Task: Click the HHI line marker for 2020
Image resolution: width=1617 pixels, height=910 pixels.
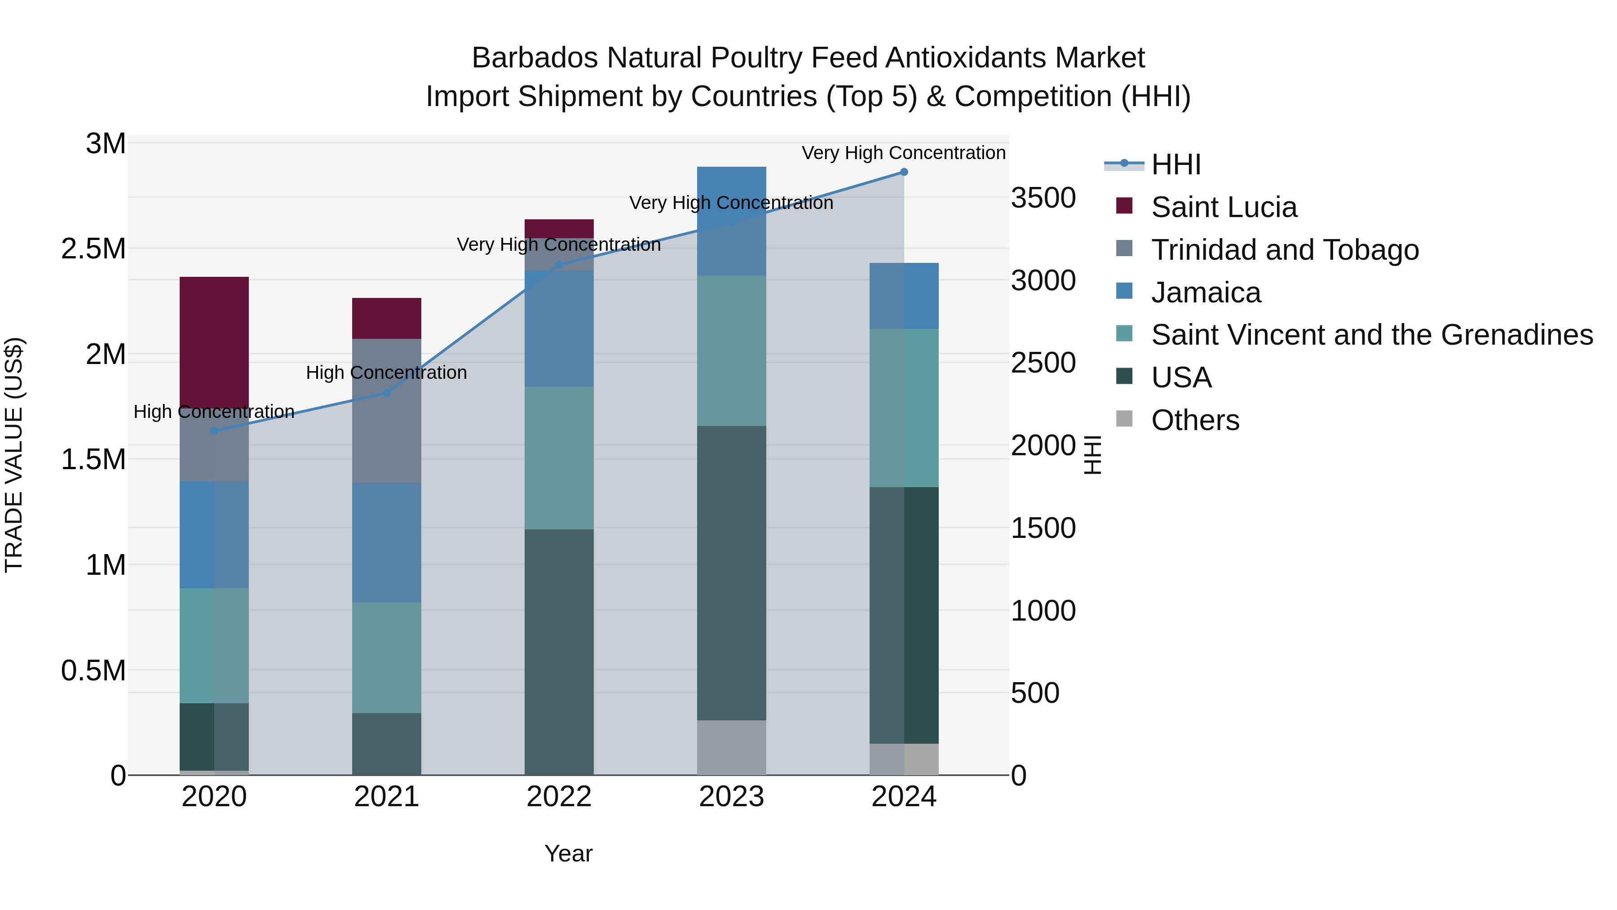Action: (214, 431)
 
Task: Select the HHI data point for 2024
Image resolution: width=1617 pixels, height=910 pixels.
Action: (904, 172)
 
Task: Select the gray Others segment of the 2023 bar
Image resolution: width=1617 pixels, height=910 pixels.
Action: (731, 747)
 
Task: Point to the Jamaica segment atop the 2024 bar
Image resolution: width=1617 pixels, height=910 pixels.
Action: (904, 295)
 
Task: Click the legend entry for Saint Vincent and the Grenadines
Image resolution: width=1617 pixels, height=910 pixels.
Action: (1372, 335)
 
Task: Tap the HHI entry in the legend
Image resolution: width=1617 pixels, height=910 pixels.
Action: (1176, 164)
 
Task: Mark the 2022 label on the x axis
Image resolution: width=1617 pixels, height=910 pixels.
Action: (559, 797)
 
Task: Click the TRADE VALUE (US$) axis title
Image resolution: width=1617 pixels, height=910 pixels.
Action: (14, 455)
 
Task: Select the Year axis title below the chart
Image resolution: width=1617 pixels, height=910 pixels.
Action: (568, 853)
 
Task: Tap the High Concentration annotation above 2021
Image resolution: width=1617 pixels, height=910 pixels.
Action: (387, 373)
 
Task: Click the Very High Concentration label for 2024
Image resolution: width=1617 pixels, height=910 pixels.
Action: (904, 153)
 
